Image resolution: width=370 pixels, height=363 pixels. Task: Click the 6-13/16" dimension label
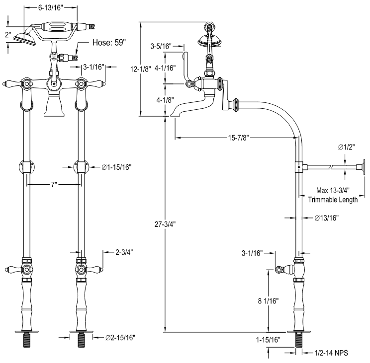(57, 8)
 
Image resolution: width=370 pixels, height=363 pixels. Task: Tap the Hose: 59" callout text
(110, 43)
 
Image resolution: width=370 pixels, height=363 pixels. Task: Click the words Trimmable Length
(332, 200)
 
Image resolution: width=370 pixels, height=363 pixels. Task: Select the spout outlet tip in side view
(175, 114)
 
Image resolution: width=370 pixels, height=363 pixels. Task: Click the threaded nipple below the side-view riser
(299, 341)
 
